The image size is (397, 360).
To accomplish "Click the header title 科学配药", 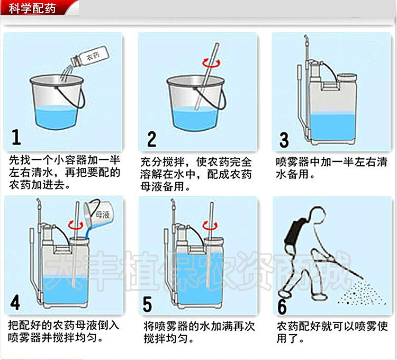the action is [32, 8].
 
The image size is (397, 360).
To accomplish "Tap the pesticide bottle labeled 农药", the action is [89, 57].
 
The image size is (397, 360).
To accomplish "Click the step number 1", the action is [16, 137].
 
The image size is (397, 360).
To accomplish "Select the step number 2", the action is [151, 139].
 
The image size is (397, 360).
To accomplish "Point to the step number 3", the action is [284, 140].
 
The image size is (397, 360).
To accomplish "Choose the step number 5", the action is [147, 304].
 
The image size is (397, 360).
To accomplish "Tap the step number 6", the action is [282, 307].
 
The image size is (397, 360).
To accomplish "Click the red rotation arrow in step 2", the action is [211, 62].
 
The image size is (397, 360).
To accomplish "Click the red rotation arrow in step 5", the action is [210, 225].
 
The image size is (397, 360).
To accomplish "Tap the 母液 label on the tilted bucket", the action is [102, 214].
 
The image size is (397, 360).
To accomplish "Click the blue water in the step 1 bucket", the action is [56, 117].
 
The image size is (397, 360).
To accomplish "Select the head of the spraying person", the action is [317, 214].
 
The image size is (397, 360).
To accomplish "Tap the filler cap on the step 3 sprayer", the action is [347, 77].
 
